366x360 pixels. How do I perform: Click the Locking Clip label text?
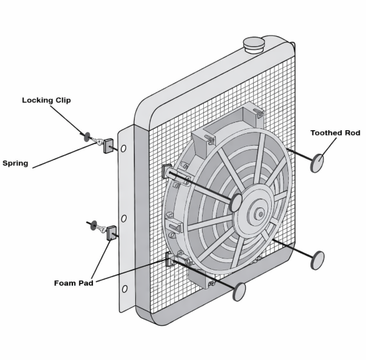point(46,100)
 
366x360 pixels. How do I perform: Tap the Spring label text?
point(16,163)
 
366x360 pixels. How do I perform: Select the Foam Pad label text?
point(74,283)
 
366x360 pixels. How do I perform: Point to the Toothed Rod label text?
point(335,133)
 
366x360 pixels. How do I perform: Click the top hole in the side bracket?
point(123,148)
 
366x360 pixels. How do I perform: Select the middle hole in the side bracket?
point(124,219)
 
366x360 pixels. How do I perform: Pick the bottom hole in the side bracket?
point(125,289)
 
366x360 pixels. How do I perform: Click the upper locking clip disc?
point(87,137)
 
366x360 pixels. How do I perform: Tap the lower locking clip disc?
point(94,225)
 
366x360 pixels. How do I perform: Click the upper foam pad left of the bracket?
point(108,146)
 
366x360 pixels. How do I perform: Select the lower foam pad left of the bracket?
point(112,233)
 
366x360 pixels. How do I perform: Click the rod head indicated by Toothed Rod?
point(317,163)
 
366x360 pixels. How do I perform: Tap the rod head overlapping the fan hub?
point(236,202)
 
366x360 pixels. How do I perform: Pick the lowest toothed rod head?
point(239,291)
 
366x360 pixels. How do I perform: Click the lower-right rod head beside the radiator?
point(318,260)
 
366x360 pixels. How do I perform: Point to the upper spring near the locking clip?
point(97,141)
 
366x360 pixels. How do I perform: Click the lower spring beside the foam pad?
point(102,229)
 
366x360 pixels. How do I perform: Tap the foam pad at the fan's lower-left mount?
point(170,259)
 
